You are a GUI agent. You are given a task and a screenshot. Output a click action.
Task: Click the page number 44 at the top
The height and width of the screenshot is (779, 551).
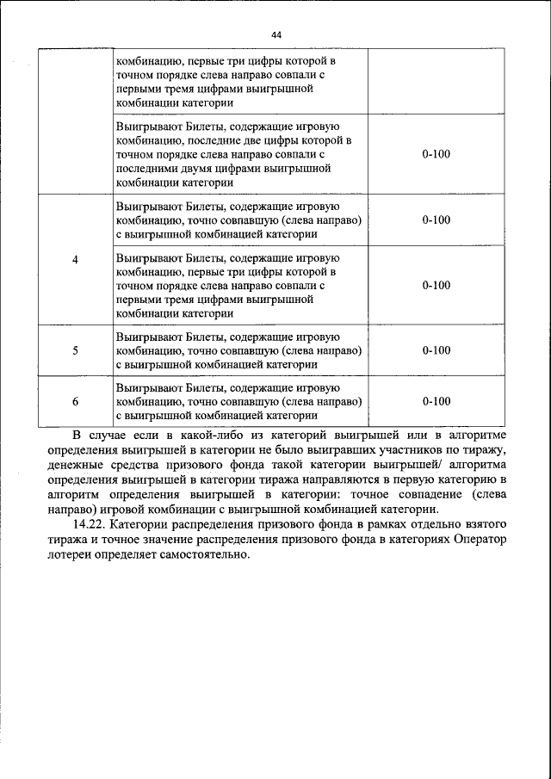pyautogui.click(x=275, y=34)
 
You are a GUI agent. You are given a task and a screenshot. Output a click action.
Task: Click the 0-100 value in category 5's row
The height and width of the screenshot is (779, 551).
pyautogui.click(x=436, y=350)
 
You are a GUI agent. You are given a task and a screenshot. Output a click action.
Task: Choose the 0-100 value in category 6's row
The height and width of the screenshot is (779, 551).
pyautogui.click(x=436, y=401)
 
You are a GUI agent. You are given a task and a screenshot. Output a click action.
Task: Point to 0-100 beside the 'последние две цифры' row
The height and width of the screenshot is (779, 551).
pyautogui.click(x=436, y=154)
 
